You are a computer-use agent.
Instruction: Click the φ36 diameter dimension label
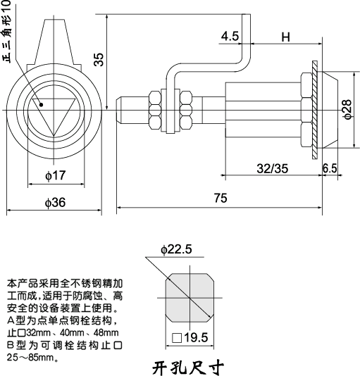[x=55, y=203]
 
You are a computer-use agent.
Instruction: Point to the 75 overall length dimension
[x=220, y=199]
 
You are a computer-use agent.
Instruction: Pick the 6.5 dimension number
[x=330, y=168]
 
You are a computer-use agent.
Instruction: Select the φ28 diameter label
[x=347, y=108]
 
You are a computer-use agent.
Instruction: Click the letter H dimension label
[x=285, y=37]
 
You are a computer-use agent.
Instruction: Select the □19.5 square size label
[x=190, y=338]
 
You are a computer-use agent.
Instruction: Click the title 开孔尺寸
[x=188, y=366]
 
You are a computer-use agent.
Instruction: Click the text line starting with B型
[x=64, y=346]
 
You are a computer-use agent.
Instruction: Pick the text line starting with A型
[x=64, y=320]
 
